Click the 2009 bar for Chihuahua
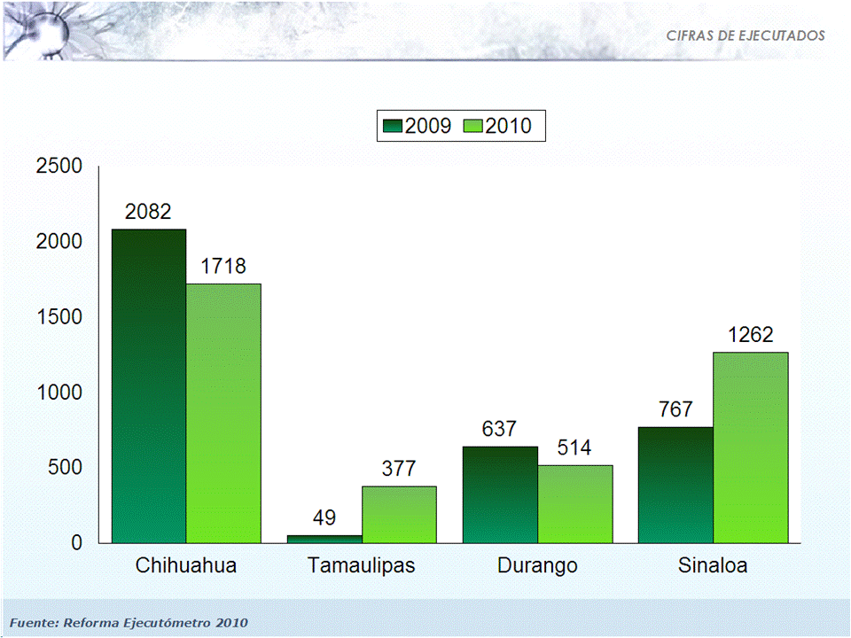[149, 385]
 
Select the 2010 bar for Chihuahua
[223, 413]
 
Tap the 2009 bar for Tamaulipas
[324, 539]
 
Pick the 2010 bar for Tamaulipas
[399, 514]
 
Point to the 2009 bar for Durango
[500, 494]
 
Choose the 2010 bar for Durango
[575, 503]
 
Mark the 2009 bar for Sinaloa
[675, 485]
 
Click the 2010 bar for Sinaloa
[751, 447]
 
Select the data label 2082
[148, 212]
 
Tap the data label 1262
[751, 335]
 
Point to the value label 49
[324, 518]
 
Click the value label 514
[575, 447]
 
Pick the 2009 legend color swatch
[393, 126]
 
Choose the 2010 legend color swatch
[473, 126]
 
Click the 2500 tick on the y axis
[59, 166]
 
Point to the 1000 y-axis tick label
[59, 392]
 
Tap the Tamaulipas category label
[361, 565]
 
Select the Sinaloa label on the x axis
[712, 565]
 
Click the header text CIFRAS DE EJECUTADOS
[746, 35]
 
